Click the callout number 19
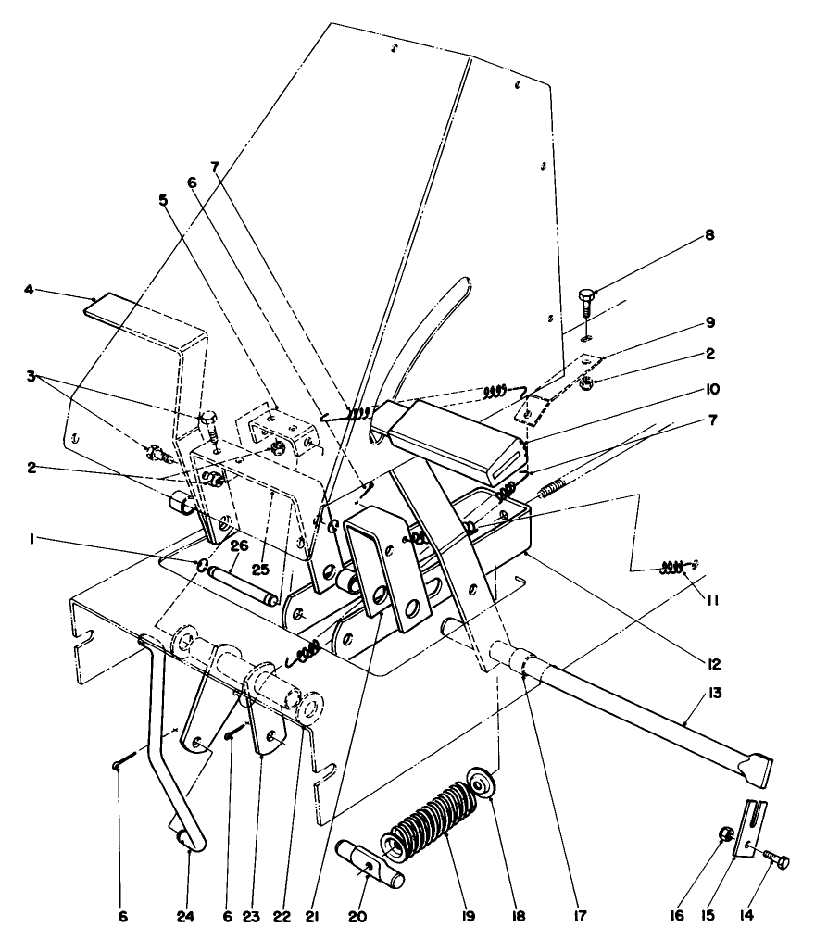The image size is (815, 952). pyautogui.click(x=466, y=917)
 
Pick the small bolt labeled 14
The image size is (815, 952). pyautogui.click(x=775, y=861)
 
